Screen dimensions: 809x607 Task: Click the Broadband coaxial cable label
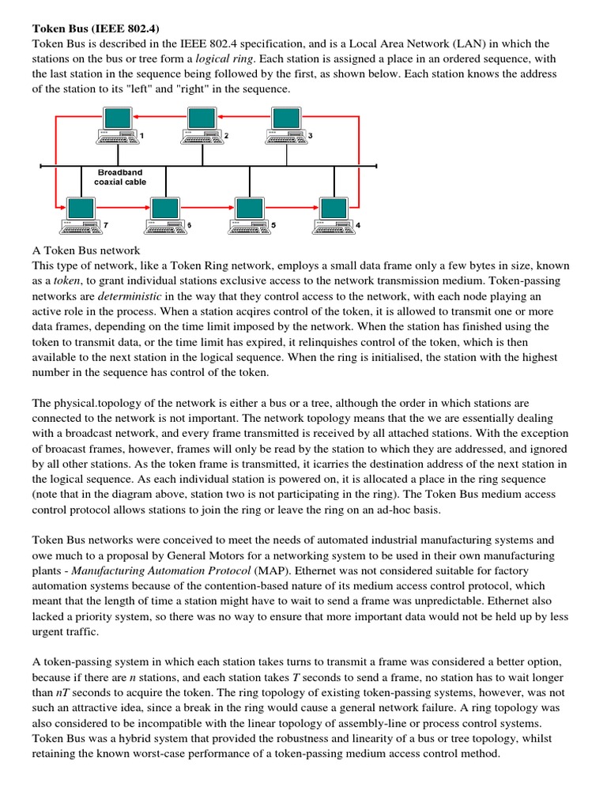click(120, 176)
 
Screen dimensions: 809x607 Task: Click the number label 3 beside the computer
click(311, 136)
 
